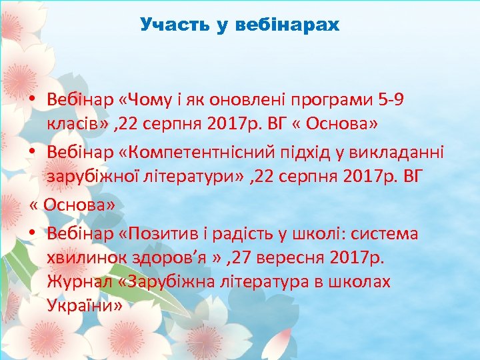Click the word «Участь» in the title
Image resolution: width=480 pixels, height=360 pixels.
(x=167, y=25)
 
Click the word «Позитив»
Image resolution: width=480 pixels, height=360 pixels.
(x=153, y=233)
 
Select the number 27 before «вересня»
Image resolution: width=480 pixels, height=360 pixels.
(x=233, y=257)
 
